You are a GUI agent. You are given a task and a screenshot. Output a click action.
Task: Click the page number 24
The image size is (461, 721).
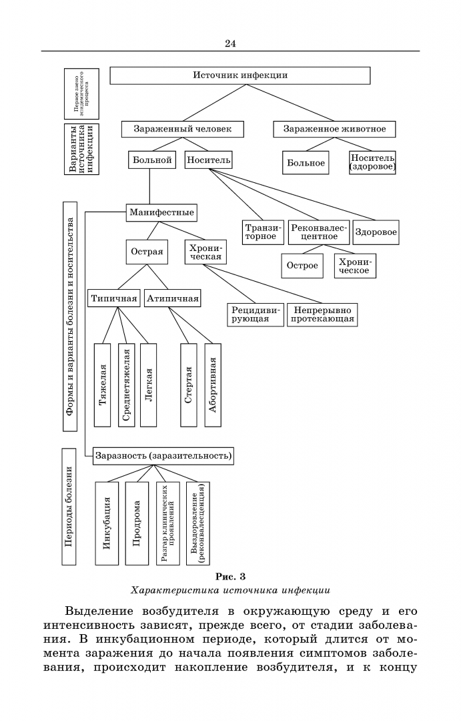pyautogui.click(x=230, y=43)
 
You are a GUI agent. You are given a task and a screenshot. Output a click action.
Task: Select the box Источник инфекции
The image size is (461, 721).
pyautogui.click(x=240, y=75)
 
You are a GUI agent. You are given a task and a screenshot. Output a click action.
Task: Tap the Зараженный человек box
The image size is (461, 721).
pyautogui.click(x=182, y=129)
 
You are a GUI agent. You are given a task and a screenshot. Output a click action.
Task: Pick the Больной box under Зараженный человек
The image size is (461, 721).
pyautogui.click(x=151, y=160)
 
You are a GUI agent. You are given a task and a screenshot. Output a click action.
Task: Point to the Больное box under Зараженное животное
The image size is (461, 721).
pyautogui.click(x=306, y=163)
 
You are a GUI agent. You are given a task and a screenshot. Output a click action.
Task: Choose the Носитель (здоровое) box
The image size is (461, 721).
pyautogui.click(x=372, y=162)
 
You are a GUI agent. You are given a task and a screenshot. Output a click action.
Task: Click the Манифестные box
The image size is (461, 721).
pyautogui.click(x=163, y=213)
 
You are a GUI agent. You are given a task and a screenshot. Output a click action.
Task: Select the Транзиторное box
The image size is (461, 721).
pyautogui.click(x=264, y=232)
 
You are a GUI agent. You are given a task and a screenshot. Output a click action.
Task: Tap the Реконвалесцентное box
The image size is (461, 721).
pyautogui.click(x=319, y=232)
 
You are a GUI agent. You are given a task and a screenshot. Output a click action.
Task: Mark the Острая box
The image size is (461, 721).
pyautogui.click(x=146, y=253)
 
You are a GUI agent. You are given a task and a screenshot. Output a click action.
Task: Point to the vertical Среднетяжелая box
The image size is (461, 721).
pyautogui.click(x=126, y=385)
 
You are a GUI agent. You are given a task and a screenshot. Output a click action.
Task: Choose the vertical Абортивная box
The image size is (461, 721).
pyautogui.click(x=212, y=385)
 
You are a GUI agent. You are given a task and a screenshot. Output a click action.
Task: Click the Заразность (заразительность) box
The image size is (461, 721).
pyautogui.click(x=163, y=457)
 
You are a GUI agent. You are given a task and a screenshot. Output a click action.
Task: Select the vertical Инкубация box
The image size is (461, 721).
pyautogui.click(x=107, y=523)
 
